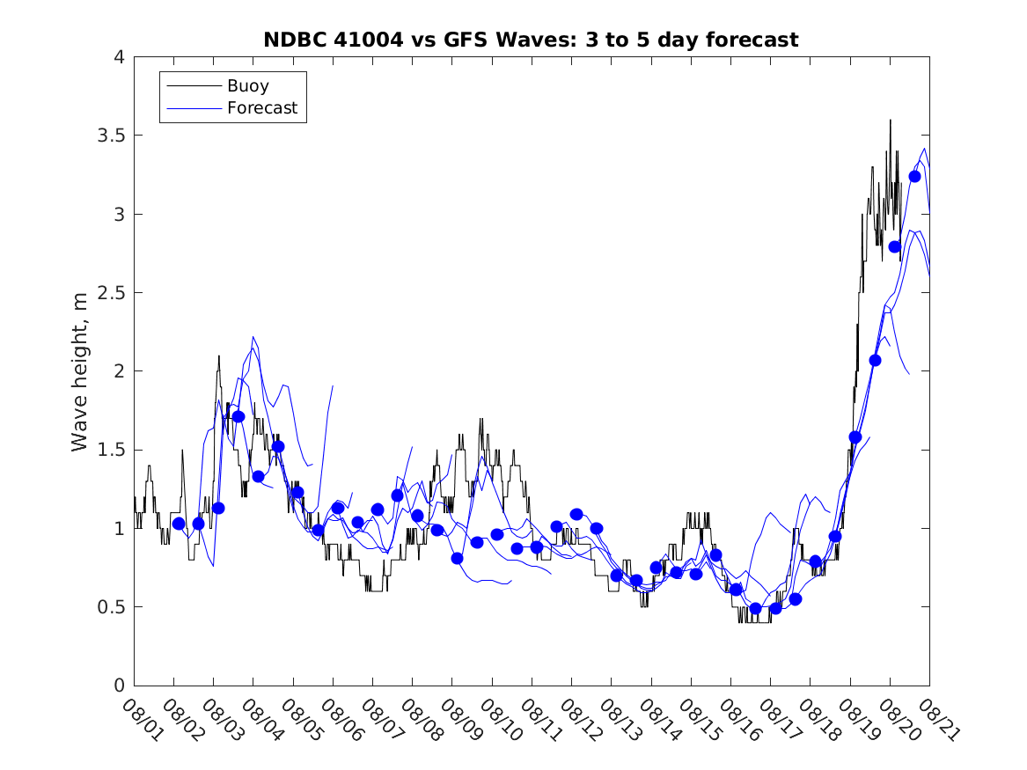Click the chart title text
point(531,40)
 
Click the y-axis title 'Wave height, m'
point(80,370)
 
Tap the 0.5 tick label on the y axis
point(112,607)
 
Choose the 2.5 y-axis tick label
point(112,292)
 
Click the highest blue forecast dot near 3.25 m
point(914,176)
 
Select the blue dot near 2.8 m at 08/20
point(895,246)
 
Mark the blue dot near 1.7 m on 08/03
point(238,416)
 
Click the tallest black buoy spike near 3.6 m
point(890,121)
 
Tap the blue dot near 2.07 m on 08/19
point(875,360)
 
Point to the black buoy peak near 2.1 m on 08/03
point(219,356)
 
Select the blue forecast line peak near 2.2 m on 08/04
point(253,337)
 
